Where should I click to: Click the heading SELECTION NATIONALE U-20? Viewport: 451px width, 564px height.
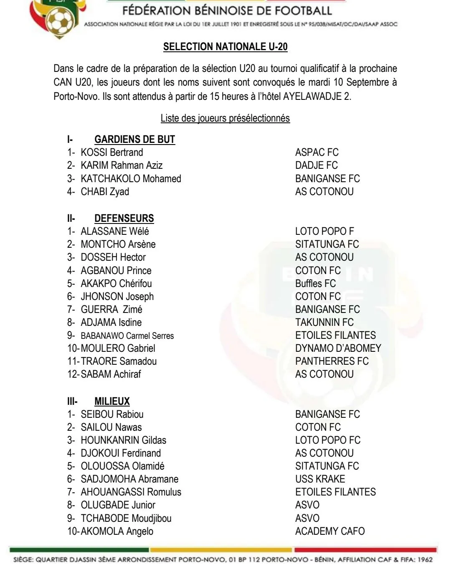tap(225, 47)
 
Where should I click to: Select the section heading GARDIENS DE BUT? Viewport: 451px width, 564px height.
tap(134, 140)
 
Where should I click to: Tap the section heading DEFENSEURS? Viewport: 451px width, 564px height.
tap(124, 218)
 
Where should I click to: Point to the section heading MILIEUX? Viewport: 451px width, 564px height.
tap(112, 401)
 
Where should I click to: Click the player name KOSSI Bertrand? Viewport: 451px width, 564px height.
tap(111, 152)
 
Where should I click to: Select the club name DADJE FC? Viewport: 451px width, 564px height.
tap(316, 165)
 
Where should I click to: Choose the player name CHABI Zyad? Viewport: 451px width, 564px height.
tap(105, 192)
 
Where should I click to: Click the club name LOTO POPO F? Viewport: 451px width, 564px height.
tap(324, 231)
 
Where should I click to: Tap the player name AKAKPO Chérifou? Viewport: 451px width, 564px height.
tap(116, 284)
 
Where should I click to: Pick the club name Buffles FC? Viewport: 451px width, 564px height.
tap(315, 284)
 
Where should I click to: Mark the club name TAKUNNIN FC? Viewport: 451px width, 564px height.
tap(324, 323)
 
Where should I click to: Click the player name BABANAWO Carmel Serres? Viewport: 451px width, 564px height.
tap(127, 336)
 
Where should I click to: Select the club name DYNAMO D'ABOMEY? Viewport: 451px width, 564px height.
tap(338, 348)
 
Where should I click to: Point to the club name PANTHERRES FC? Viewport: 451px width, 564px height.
tap(332, 361)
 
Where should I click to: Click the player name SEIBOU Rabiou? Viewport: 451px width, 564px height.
tap(112, 414)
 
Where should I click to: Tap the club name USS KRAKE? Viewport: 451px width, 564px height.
tap(320, 479)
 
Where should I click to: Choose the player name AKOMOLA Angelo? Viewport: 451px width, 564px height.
tap(117, 531)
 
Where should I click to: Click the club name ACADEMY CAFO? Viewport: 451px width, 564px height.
tap(329, 531)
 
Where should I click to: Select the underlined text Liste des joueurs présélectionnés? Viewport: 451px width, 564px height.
tap(225, 119)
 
